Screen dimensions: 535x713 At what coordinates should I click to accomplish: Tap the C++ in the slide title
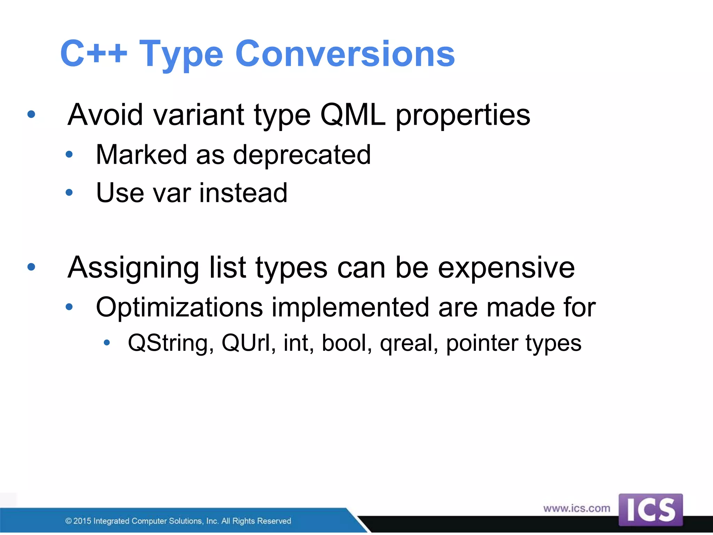click(93, 54)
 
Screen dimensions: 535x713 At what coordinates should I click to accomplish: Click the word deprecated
click(301, 155)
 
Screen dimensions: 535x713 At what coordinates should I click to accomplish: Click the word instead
click(243, 193)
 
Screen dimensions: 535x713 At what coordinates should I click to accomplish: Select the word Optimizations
click(179, 307)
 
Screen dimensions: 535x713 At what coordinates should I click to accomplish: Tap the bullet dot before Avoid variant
click(31, 114)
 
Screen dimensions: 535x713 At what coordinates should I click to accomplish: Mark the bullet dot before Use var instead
click(69, 192)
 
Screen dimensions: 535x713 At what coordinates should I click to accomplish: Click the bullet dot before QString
click(107, 343)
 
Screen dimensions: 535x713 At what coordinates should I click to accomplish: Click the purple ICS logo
click(650, 510)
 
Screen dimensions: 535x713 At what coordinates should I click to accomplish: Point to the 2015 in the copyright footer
click(82, 521)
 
